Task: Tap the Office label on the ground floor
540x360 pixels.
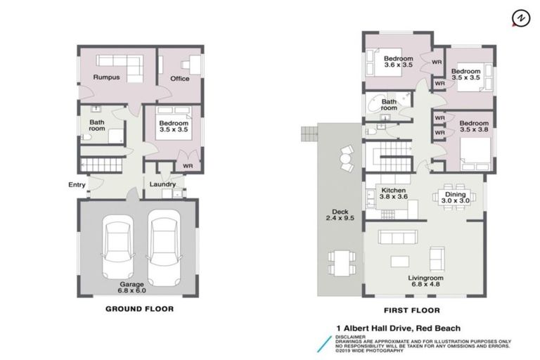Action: click(x=180, y=78)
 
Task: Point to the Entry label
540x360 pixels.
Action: click(x=77, y=185)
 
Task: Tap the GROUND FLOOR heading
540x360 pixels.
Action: click(x=139, y=309)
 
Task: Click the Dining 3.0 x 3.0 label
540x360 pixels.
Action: click(x=455, y=197)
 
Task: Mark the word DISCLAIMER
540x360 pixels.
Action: click(x=350, y=336)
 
